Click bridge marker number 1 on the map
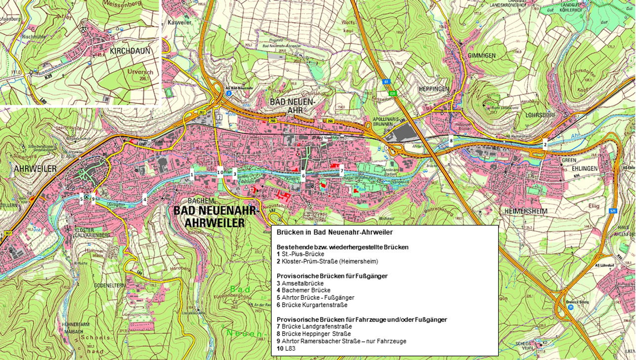click(191, 173)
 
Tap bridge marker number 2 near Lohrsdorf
click(545, 144)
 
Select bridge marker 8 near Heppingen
click(451, 140)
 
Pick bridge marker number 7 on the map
click(341, 171)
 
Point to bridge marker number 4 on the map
click(145, 200)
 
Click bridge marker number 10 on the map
click(220, 172)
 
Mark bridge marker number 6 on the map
click(303, 175)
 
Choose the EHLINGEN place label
click(584, 168)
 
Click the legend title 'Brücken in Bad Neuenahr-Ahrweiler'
click(335, 232)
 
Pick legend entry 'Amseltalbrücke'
click(302, 283)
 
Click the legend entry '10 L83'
click(286, 349)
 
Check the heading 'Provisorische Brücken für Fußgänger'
click(332, 276)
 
